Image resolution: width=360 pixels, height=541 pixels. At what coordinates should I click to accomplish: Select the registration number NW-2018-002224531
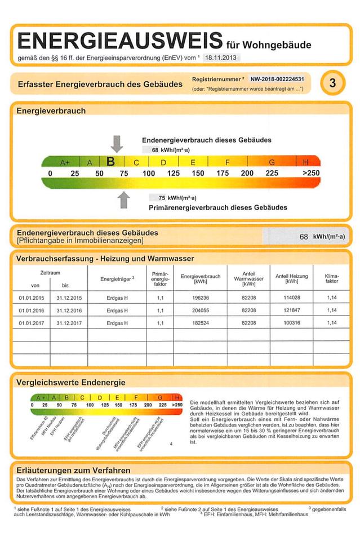[277, 79]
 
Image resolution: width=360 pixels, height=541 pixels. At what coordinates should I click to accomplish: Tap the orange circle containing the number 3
[332, 83]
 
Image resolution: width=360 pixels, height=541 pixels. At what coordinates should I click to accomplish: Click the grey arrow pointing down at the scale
[117, 144]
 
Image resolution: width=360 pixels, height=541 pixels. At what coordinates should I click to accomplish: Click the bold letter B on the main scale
[111, 162]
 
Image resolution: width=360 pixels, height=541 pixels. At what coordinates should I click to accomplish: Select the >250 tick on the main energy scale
[311, 174]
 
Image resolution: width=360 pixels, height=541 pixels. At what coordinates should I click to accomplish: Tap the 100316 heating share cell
[291, 323]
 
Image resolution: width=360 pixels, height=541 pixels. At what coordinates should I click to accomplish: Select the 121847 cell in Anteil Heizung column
[291, 311]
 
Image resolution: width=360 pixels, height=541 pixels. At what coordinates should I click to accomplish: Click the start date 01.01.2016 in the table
[31, 311]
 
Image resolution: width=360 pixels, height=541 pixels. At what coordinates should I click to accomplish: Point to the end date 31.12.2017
[69, 323]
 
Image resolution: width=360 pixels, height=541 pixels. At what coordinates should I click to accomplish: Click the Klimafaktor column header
[332, 278]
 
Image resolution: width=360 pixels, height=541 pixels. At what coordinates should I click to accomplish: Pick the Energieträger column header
[117, 279]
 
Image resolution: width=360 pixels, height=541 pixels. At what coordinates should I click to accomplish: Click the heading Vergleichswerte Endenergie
[71, 383]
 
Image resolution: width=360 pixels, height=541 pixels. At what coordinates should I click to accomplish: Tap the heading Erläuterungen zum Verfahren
[74, 470]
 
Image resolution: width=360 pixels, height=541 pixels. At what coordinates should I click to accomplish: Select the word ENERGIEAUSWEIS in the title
[120, 41]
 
